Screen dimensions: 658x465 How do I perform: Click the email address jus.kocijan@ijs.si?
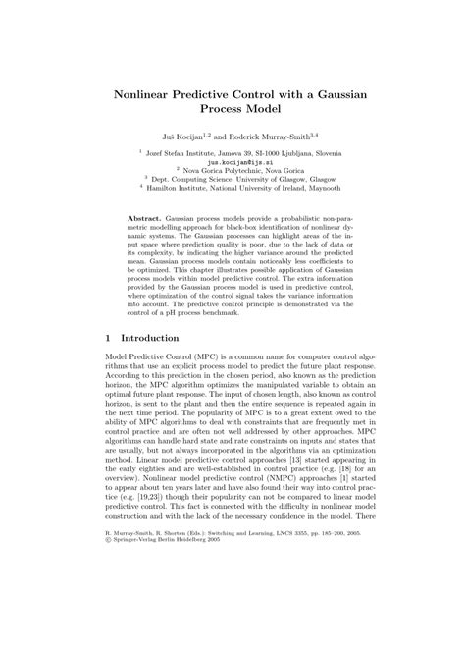click(x=232, y=162)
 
